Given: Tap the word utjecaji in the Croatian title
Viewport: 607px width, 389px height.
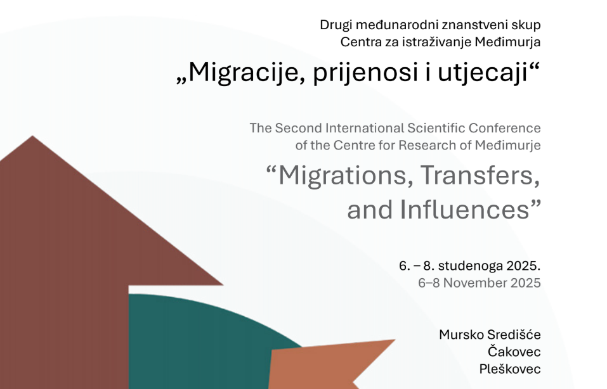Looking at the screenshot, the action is pos(483,72).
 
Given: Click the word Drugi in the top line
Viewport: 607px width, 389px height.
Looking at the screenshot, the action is pos(336,25).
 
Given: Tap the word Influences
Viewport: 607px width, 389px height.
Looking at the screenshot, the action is pos(464,210).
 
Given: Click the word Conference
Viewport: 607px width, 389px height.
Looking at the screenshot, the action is pos(504,128).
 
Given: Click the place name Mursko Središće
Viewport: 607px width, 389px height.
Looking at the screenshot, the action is pos(490,335).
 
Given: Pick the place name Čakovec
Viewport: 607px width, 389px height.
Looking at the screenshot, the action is pos(514,352).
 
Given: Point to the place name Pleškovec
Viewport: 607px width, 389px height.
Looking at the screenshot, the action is pos(510,369).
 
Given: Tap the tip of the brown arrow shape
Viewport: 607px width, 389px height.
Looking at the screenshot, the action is pos(32,136).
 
